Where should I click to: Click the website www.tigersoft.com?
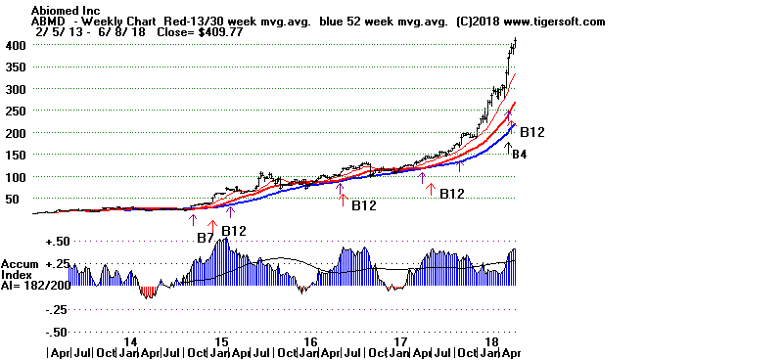pos(549,21)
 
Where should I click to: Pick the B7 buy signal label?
pos(205,238)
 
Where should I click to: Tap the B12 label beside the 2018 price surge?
pos(531,132)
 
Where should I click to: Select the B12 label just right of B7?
pos(234,231)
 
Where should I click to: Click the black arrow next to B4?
pos(508,148)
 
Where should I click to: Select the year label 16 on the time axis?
pos(310,341)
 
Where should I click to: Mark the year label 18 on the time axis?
pos(489,341)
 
